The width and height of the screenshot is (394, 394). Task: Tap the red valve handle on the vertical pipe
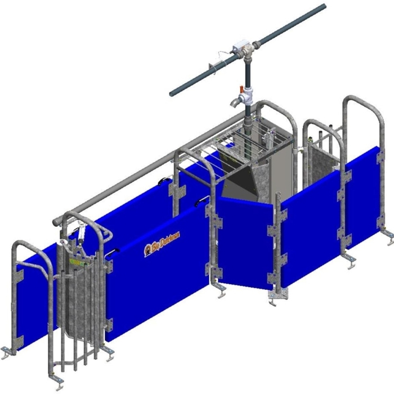tap(244, 88)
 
